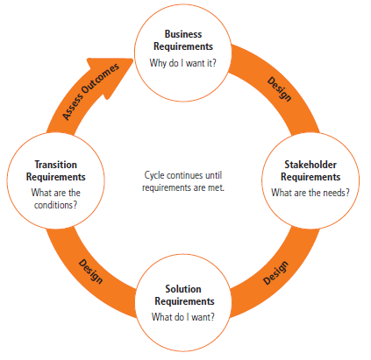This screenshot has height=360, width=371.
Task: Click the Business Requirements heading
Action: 183,40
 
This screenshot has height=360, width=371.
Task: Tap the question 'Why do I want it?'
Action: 183,63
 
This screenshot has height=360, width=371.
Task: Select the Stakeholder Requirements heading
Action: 310,171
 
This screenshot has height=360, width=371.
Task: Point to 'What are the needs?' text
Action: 310,193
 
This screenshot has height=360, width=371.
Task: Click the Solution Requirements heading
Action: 184,295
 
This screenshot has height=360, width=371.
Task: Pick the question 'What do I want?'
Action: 183,317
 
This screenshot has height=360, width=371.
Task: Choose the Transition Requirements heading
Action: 56,171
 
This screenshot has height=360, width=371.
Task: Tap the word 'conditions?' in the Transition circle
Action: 55,205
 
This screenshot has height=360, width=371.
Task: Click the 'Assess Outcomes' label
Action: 90,91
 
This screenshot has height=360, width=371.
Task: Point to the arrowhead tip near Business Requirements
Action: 133,60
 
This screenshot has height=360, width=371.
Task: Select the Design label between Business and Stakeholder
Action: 280,89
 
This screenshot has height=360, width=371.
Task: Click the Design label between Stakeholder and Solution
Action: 275,273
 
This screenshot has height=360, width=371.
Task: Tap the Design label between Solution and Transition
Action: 90,272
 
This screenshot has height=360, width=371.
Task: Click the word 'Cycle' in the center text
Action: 154,175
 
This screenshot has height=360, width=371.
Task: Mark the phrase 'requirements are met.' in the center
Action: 183,187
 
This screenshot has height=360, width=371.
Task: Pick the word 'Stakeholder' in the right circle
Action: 310,165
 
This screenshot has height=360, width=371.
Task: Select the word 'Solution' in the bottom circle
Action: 183,289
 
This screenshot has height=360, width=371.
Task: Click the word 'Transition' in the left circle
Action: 56,165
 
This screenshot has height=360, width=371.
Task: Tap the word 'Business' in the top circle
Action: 183,34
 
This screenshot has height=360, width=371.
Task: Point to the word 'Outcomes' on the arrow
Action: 100,79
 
